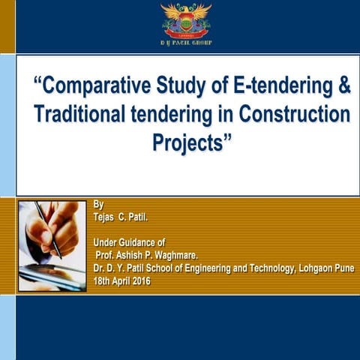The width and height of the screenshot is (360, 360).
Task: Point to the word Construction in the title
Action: (294, 115)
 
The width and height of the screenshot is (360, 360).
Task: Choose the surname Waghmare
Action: (172, 254)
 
